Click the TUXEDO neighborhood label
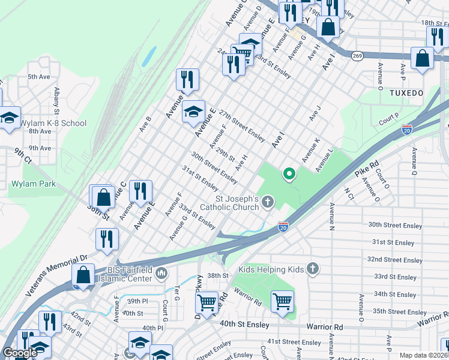click(x=406, y=94)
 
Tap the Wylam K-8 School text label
click(x=53, y=123)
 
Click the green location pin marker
click(x=289, y=175)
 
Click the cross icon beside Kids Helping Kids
click(x=312, y=269)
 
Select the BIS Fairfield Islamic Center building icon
click(x=161, y=274)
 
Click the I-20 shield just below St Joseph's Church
click(x=283, y=227)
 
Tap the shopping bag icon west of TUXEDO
click(x=423, y=59)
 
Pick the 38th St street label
click(x=218, y=275)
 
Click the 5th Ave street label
click(x=39, y=77)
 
